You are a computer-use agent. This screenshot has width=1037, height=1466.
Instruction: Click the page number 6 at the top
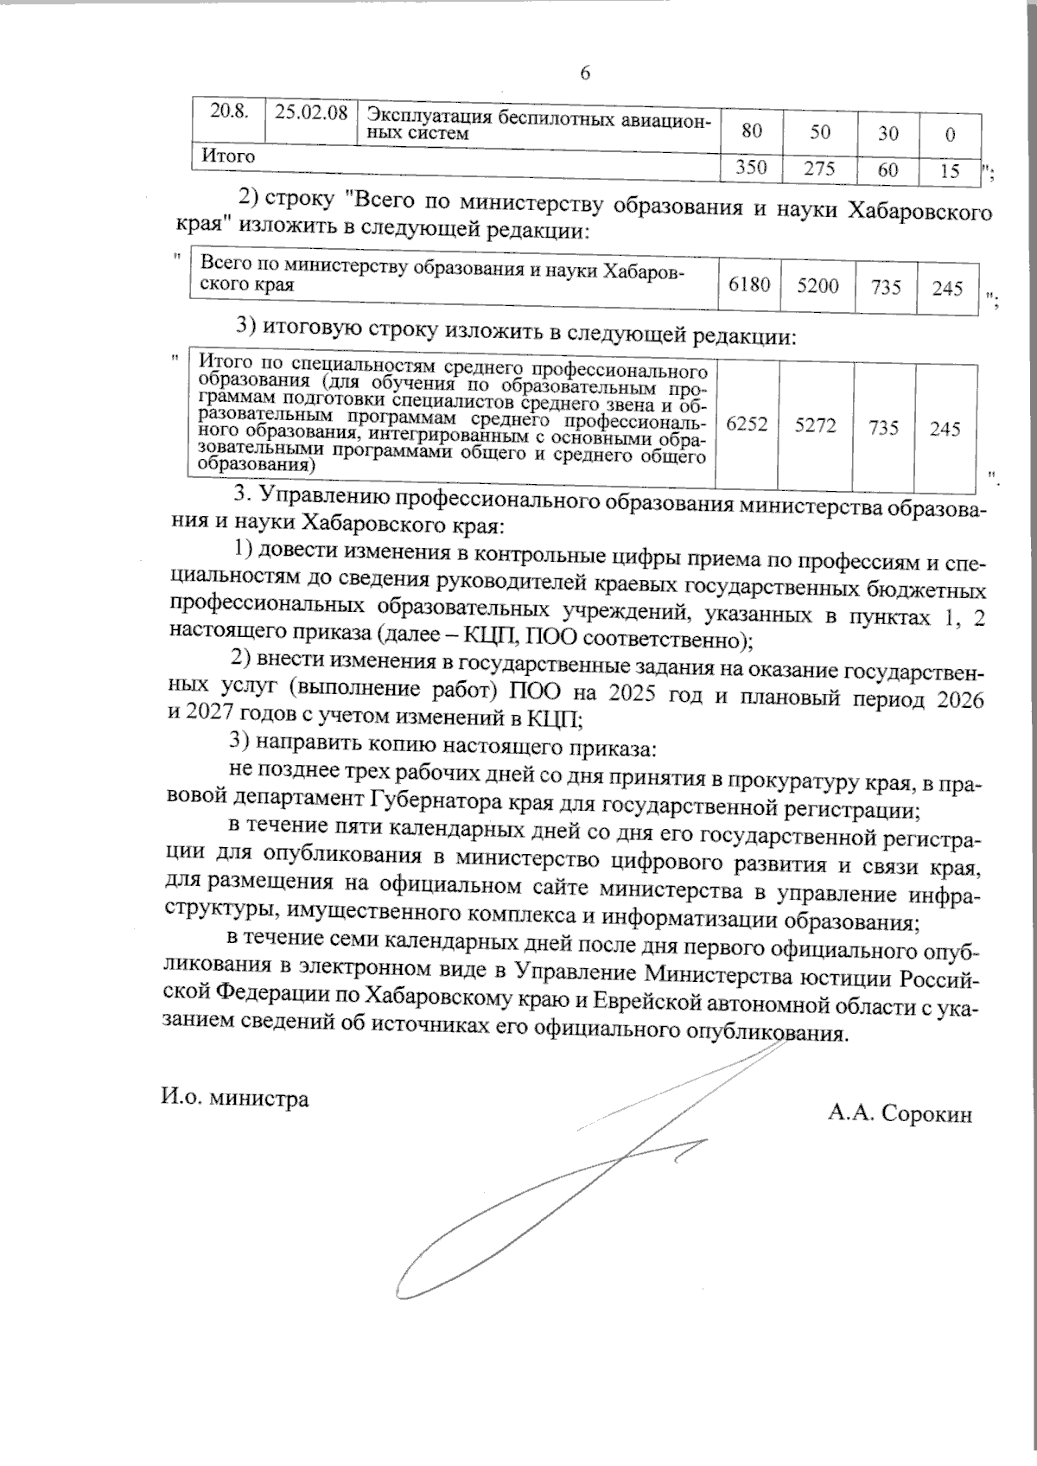point(585,74)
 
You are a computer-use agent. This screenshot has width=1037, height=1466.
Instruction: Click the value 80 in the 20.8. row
point(752,132)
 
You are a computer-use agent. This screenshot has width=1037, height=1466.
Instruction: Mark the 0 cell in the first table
point(950,133)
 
